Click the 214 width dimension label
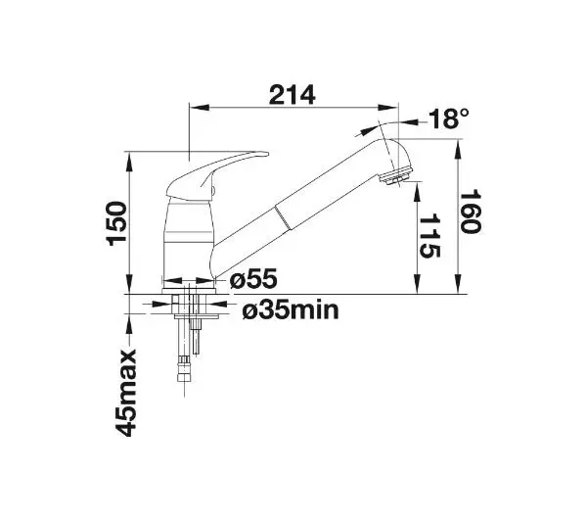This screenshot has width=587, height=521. point(292,95)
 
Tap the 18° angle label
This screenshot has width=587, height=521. point(448,118)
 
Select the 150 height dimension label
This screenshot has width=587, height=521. point(116,223)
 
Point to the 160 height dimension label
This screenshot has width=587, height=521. point(470,212)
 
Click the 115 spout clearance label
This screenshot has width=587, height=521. point(429,236)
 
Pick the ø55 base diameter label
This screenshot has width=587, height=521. point(253,279)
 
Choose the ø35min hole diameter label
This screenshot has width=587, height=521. point(291,310)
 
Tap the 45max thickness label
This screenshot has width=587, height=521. point(125,393)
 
